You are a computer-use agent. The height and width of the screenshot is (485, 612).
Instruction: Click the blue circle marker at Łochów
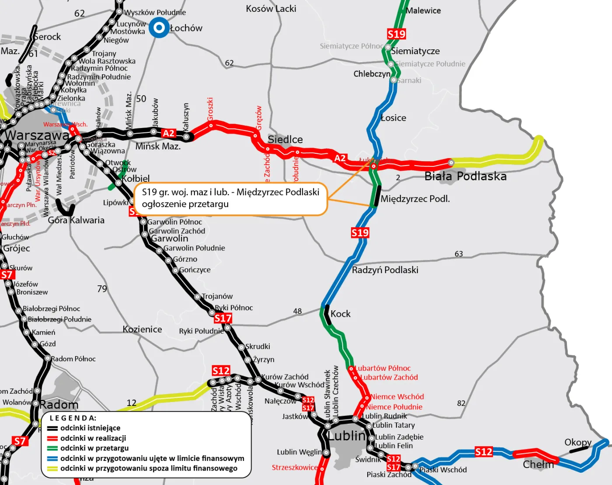159,28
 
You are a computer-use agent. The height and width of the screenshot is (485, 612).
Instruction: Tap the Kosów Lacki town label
271,9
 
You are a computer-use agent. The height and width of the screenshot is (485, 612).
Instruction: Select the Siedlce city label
285,139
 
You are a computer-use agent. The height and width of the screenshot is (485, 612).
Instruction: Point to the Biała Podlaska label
466,176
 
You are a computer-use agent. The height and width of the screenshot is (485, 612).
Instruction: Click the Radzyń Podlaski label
385,270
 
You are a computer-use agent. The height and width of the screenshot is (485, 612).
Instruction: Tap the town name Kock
340,314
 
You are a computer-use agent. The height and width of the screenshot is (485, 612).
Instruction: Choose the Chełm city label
538,464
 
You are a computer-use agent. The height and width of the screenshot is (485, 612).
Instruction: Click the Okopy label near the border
577,442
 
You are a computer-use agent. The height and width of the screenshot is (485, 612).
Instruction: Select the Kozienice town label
142,329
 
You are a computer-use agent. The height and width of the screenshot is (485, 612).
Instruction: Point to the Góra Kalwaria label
76,220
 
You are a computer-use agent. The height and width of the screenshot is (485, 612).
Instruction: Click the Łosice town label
393,118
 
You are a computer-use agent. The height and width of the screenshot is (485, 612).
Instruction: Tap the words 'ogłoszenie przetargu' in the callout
185,204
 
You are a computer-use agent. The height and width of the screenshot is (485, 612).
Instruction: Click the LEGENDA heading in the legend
73,418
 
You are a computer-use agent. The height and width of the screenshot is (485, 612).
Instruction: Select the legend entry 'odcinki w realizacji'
93,438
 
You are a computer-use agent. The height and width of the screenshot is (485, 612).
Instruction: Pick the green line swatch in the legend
52,448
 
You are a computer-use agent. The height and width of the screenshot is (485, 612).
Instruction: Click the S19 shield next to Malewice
396,34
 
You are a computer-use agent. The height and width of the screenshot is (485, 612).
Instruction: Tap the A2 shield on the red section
340,158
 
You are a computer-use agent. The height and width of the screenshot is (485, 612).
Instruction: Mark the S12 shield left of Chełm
483,452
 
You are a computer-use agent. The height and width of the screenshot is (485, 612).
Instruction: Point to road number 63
459,254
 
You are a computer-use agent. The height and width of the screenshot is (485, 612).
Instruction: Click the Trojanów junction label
217,296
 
